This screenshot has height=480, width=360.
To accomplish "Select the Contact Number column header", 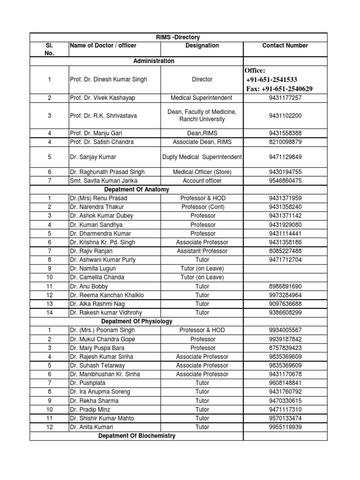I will pos(285,45).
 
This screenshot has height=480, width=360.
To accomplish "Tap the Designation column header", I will pos(202,45).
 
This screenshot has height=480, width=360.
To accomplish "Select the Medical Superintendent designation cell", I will pos(202,97).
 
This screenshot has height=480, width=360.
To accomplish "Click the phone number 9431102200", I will pos(285,115).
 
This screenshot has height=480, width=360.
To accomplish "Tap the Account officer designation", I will pos(202,180).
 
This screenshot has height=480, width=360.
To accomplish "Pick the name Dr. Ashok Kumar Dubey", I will pos(101,216).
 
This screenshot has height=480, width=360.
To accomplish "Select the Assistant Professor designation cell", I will pos(202,251).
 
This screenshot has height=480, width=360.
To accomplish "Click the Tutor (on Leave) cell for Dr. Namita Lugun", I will pos(202,269).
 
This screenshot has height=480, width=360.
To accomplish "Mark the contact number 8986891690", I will pos(285,286).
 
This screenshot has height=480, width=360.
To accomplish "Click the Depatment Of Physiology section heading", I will pos(136,322).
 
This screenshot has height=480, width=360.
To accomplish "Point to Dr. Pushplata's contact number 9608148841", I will pos(285,383).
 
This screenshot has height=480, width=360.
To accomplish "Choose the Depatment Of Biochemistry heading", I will pos(136,436).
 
